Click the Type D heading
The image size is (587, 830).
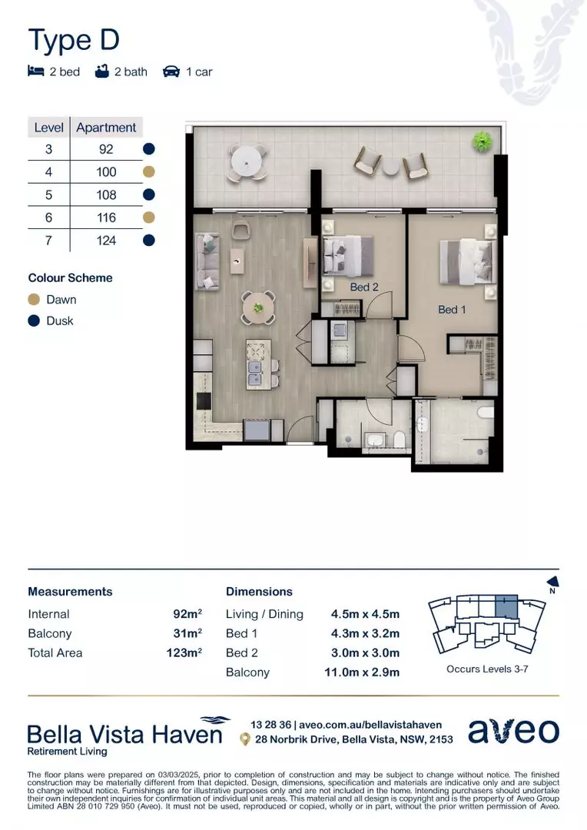74,39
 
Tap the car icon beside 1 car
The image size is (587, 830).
171,71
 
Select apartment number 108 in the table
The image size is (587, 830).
106,195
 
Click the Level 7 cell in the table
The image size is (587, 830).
48,241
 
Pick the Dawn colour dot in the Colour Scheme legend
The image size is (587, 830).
34,300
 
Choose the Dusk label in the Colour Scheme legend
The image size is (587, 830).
60,320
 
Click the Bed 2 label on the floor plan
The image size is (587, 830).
364,287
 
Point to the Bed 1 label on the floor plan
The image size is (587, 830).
452,310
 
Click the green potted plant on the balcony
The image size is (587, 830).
483,141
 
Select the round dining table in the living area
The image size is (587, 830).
259,308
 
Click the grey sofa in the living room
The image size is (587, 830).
207,261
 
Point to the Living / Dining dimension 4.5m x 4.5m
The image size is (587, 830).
365,614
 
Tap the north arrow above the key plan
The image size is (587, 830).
551,584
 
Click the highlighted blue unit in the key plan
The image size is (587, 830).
505,607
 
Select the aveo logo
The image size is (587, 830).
513,731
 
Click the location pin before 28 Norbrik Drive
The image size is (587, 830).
244,739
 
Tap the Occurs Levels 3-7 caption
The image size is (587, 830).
487,669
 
